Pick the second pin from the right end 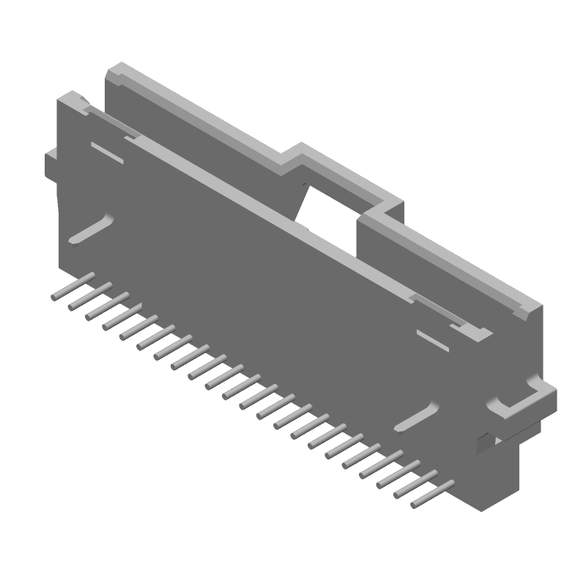click(x=416, y=482)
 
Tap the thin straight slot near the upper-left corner click(x=107, y=152)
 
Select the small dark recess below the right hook click(x=483, y=442)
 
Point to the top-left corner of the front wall click(x=70, y=95)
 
